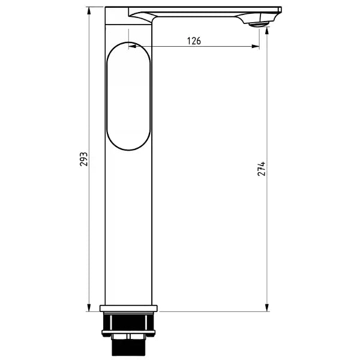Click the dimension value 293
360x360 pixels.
[x=84, y=158]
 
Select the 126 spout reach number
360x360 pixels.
[x=194, y=41]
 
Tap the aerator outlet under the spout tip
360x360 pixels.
[x=257, y=25]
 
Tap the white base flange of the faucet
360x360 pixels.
[x=129, y=310]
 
